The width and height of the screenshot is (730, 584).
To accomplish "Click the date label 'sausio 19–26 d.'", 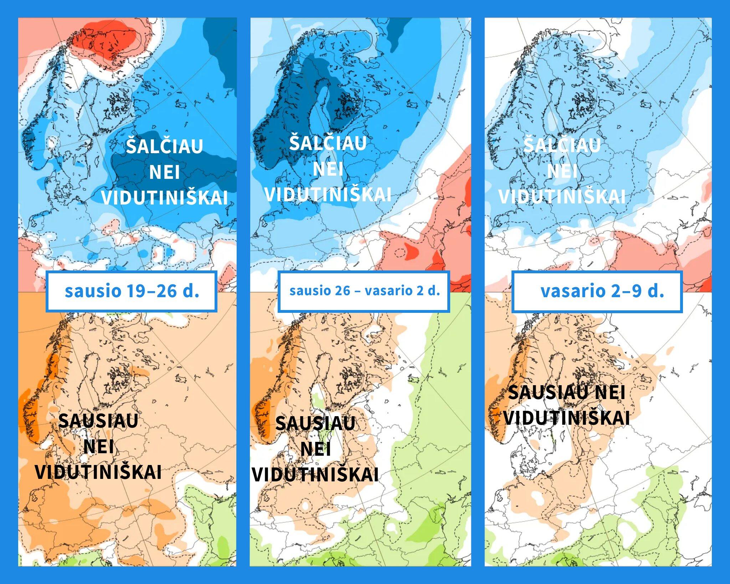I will click(132, 291).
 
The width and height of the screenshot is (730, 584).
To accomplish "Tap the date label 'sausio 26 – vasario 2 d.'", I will click(364, 291).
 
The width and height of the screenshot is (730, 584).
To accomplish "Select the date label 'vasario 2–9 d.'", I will click(602, 291).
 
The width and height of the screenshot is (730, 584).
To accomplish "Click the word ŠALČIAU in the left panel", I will click(164, 146).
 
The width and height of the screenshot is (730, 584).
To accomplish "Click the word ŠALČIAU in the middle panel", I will click(328, 143).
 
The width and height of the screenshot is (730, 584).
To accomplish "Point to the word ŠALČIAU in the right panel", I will click(562, 145).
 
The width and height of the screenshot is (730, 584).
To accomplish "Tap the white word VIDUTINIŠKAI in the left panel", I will click(164, 198).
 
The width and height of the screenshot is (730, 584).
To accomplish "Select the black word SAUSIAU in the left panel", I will click(98, 421).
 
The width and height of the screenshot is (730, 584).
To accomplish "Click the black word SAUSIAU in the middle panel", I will click(315, 424).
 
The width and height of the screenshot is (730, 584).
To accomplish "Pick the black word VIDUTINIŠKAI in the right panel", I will click(566, 418).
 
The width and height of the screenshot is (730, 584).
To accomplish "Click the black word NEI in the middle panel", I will click(315, 449).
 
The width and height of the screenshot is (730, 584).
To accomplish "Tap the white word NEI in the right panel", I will click(562, 171).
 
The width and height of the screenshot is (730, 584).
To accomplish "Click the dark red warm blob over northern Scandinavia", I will click(107, 39).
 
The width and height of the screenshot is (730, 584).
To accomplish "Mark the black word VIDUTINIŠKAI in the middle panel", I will click(315, 475).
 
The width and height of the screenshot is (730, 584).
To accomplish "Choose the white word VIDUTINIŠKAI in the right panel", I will click(562, 197).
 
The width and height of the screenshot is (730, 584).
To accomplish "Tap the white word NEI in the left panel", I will click(164, 172).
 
